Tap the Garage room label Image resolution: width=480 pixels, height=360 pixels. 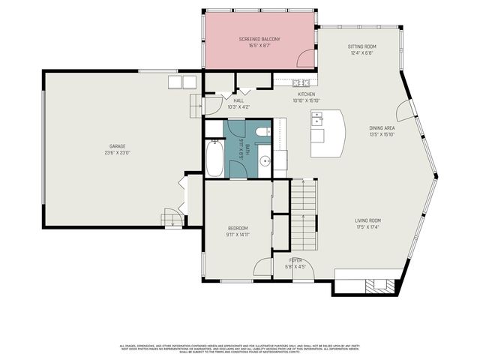click(x=117, y=145)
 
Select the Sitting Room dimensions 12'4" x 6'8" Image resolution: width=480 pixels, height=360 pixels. click(x=361, y=53)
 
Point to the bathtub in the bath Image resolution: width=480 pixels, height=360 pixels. click(x=214, y=160)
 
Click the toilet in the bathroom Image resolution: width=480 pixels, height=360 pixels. click(x=262, y=133)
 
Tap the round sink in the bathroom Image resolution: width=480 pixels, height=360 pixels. click(x=265, y=160)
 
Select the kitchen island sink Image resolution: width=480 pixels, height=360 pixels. click(x=318, y=119)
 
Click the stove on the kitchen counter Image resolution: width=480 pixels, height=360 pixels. click(x=301, y=82)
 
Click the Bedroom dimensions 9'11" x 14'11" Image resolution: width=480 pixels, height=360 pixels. click(x=238, y=235)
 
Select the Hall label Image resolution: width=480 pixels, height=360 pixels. click(x=238, y=100)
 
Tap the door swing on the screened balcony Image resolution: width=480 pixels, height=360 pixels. click(x=305, y=58)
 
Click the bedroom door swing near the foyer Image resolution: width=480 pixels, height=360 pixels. click(x=262, y=267)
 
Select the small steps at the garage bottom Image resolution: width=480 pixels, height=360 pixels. click(x=172, y=219)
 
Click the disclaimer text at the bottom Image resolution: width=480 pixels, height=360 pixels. click(x=240, y=348)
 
